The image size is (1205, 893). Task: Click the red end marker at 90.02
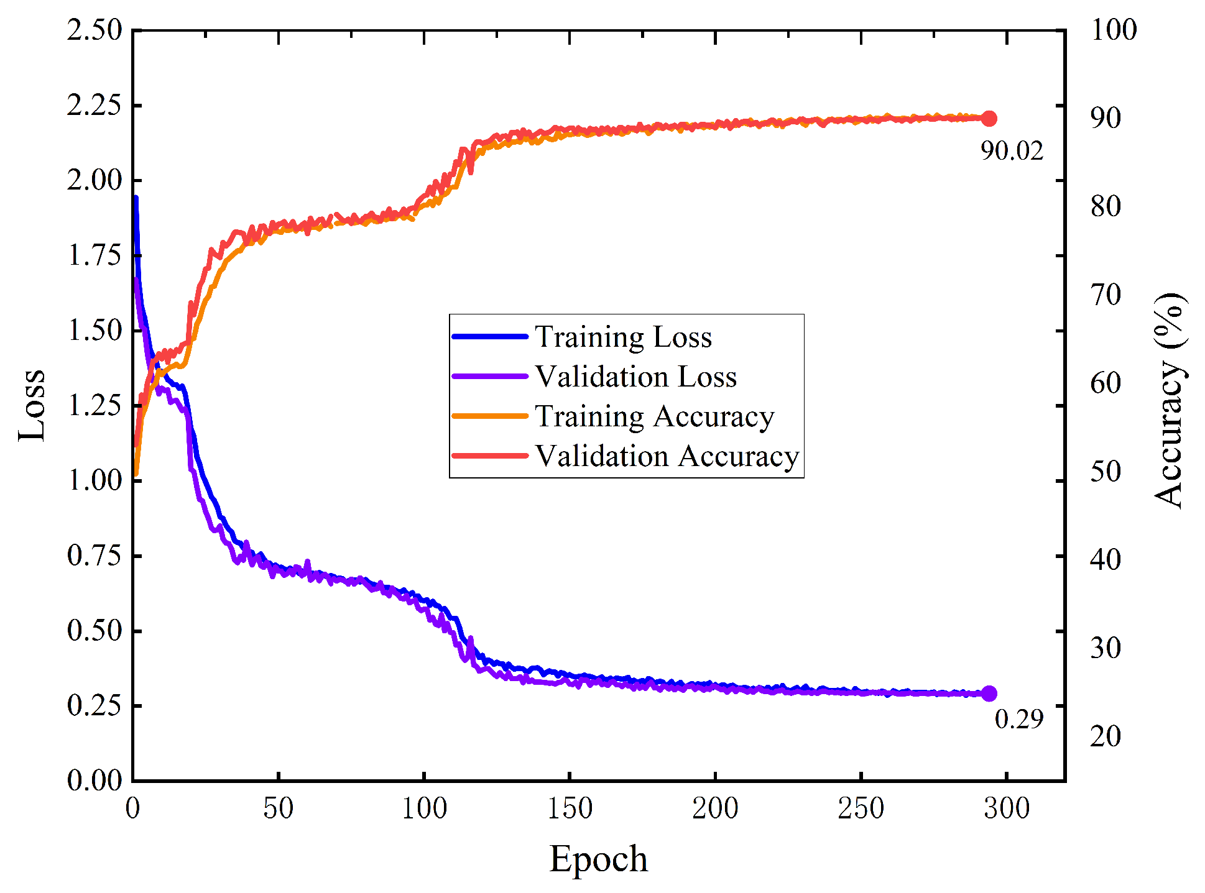pos(989,119)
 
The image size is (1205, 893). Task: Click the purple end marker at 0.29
pos(989,694)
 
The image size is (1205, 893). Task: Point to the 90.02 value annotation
pos(1012,151)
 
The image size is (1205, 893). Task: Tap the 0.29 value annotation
pos(1018,719)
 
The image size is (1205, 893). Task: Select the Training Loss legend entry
pos(623,337)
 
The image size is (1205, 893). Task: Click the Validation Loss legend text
pos(635,377)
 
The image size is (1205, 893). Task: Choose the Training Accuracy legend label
pos(654,416)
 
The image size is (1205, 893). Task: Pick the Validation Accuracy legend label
pos(667,456)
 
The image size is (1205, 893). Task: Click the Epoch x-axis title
pos(598,859)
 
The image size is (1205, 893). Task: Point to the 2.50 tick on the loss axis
pos(95,30)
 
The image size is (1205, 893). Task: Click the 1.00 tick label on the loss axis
pos(95,480)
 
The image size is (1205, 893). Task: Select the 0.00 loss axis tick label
pos(95,781)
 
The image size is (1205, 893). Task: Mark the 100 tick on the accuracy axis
pos(1114,30)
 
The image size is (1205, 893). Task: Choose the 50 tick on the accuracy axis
pos(1106,472)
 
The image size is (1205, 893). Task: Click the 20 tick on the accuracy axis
pos(1106,736)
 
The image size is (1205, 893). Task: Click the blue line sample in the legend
pos(490,337)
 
